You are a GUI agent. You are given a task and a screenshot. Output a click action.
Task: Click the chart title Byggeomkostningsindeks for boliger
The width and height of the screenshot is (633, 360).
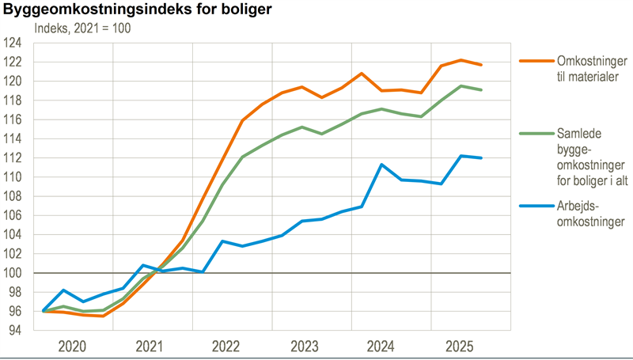[x=127, y=10]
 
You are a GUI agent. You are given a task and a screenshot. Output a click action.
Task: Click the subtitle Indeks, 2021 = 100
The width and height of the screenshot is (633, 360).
[x=82, y=28]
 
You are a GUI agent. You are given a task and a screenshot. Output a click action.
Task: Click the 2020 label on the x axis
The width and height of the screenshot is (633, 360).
[x=73, y=346]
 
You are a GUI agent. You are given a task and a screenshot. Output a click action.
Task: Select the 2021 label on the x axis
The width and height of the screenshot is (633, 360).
[x=150, y=346]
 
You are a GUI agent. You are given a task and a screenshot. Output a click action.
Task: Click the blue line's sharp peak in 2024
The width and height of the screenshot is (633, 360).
[x=381, y=165]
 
